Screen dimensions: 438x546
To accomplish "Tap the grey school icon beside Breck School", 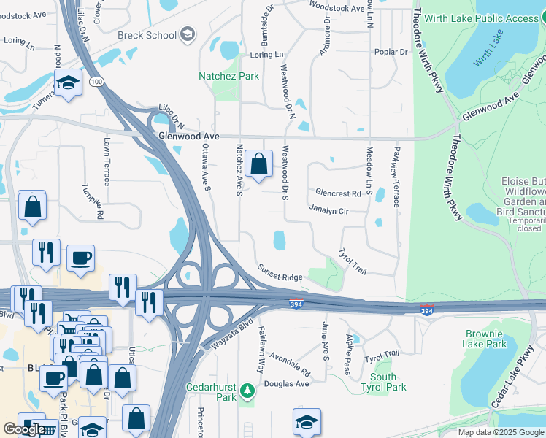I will pyautogui.click(x=188, y=34).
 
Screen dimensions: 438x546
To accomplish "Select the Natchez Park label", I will pyautogui.click(x=229, y=76).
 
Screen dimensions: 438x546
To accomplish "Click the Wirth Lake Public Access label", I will pyautogui.click(x=491, y=18).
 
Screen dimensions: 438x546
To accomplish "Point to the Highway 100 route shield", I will pyautogui.click(x=97, y=82).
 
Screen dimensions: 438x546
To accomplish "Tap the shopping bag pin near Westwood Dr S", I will pyautogui.click(x=259, y=164).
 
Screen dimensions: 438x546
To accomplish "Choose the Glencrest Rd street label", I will pyautogui.click(x=338, y=193).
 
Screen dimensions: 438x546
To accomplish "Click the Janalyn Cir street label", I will pyautogui.click(x=328, y=210).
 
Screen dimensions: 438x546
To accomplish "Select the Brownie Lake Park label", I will pyautogui.click(x=485, y=339).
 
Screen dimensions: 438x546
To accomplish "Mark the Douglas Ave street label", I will pyautogui.click(x=287, y=384).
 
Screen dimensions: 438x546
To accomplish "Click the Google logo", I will pyautogui.click(x=23, y=429).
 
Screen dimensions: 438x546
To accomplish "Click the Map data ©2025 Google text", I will pyautogui.click(x=500, y=432).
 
